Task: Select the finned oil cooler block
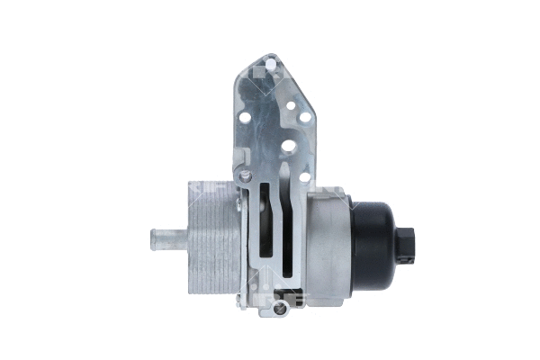(211, 238)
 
